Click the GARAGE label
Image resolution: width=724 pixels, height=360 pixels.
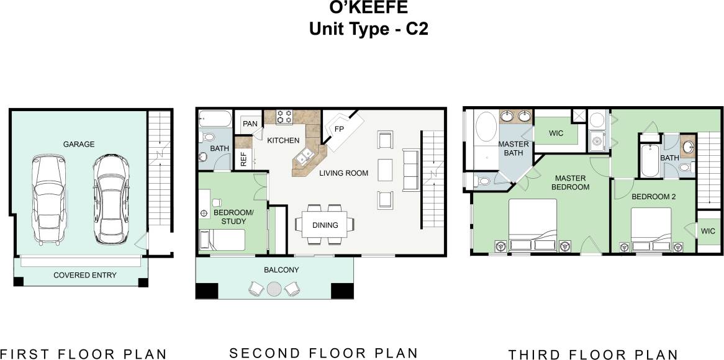point(79,144)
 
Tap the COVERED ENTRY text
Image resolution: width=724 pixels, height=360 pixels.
point(85,275)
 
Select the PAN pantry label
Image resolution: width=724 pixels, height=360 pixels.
point(250,124)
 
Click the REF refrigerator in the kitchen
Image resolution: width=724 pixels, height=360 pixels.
point(243,159)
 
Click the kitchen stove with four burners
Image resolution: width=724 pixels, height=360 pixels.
point(284,117)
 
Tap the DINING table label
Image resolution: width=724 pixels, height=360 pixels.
point(325,225)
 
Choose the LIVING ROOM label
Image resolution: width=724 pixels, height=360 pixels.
point(344,173)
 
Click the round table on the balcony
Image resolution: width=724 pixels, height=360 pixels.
point(274,288)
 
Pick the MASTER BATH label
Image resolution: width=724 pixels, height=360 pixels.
point(514,148)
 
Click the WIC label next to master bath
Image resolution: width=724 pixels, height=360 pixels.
point(556,133)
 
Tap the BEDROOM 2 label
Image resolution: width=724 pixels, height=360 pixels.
point(653,197)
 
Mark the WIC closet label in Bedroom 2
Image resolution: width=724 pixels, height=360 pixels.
point(708,232)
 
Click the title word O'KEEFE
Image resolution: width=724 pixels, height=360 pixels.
point(361,9)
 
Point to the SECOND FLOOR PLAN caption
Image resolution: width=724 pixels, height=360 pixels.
point(324,353)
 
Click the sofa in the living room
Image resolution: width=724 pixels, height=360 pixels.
point(410,169)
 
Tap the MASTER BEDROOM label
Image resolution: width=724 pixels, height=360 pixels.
point(571,182)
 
